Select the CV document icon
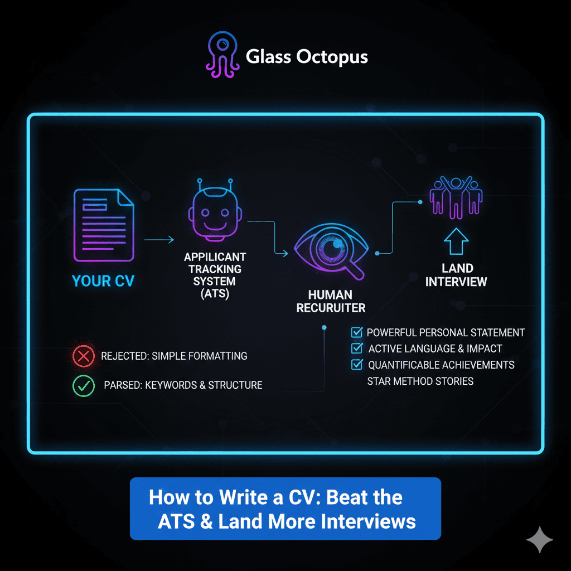pyautogui.click(x=103, y=225)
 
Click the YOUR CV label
pyautogui.click(x=103, y=280)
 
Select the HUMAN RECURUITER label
pyautogui.click(x=331, y=301)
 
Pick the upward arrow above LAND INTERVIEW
pyautogui.click(x=456, y=241)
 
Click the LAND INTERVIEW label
pyautogui.click(x=456, y=275)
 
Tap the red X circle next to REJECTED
pyautogui.click(x=84, y=356)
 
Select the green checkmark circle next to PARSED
pyautogui.click(x=84, y=385)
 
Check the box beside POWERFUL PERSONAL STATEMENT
pyautogui.click(x=356, y=333)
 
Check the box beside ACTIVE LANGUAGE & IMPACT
pyautogui.click(x=356, y=349)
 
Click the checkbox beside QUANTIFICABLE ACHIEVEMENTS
pyautogui.click(x=356, y=365)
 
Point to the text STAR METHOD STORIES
pyautogui.click(x=420, y=381)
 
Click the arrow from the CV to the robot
pyautogui.click(x=158, y=240)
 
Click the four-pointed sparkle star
pyautogui.click(x=539, y=539)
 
